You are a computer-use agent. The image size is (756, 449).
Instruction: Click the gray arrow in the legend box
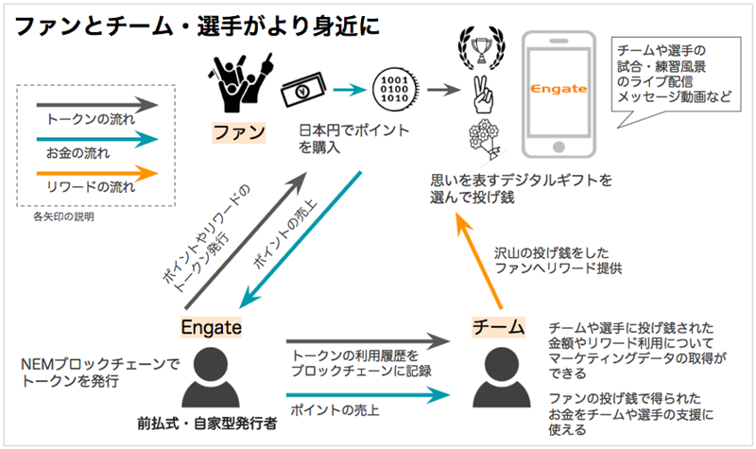(x=90, y=103)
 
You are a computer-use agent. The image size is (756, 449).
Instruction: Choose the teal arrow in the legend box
(x=90, y=138)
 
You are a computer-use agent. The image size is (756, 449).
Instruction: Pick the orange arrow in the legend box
(x=90, y=173)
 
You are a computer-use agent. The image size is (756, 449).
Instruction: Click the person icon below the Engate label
(x=212, y=373)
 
